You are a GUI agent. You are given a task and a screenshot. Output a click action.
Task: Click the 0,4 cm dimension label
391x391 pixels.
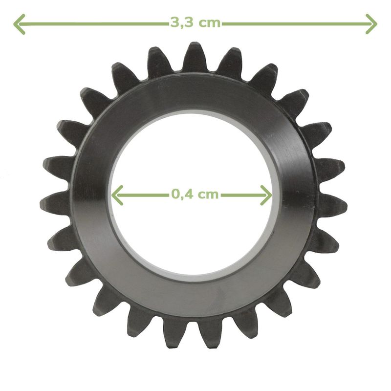point(195,194)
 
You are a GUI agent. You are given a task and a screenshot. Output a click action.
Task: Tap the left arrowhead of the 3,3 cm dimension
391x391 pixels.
point(19,24)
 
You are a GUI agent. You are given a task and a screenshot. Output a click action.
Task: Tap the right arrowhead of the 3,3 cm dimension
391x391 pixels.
point(371,24)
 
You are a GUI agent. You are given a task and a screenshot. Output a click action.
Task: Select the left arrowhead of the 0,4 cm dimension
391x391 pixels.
point(117,195)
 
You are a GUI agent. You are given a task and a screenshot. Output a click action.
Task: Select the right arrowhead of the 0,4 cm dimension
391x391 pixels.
point(266,195)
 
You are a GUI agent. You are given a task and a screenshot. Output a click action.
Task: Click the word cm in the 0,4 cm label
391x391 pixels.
point(207,195)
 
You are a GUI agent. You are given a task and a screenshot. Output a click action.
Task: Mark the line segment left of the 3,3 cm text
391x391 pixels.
point(92,24)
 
